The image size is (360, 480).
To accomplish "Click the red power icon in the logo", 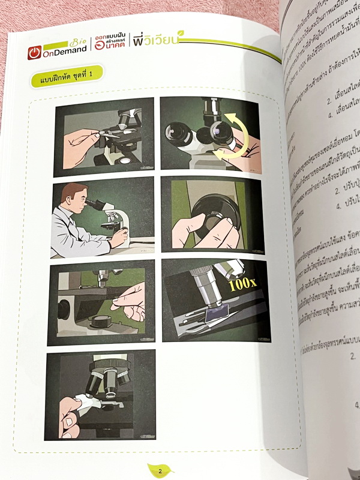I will click(x=34, y=53).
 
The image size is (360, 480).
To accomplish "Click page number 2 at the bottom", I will click(x=161, y=470).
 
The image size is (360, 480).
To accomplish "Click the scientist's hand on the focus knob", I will click(x=119, y=237).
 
